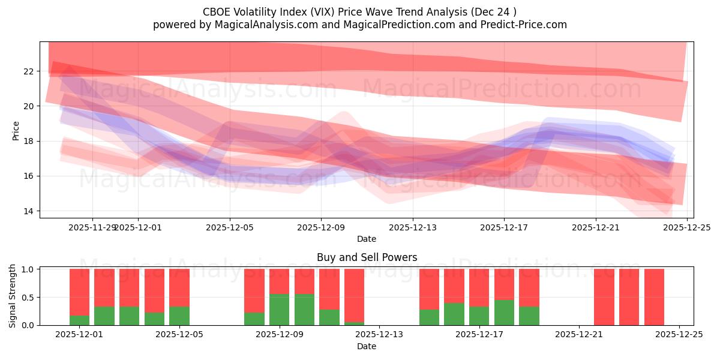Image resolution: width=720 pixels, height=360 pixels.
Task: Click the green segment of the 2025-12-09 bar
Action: click(279, 310)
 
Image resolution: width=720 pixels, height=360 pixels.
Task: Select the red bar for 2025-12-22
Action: click(604, 297)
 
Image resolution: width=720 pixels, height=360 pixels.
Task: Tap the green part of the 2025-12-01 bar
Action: click(79, 320)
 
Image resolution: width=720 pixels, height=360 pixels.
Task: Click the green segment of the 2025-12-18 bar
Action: click(504, 313)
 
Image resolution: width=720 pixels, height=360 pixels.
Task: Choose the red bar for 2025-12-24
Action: click(654, 297)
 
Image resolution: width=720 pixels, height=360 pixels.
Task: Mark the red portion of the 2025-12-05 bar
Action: click(179, 287)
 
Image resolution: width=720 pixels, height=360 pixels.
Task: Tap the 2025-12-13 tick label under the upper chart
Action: click(412, 227)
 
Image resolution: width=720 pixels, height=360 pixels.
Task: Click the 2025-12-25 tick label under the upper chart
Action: click(686, 227)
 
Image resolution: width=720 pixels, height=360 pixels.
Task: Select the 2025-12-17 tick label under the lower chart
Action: click(479, 335)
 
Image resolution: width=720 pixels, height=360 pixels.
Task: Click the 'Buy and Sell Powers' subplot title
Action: click(367, 258)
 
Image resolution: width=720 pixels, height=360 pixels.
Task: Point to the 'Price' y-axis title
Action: click(16, 130)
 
